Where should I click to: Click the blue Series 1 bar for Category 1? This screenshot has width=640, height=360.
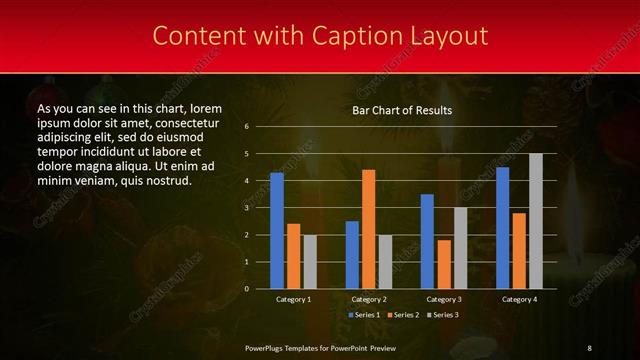[277, 231]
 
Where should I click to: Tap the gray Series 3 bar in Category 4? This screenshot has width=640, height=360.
[536, 221]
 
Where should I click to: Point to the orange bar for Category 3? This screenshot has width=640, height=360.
[443, 264]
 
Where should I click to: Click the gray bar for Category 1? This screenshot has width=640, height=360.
[310, 262]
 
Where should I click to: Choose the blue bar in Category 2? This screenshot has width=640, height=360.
[352, 255]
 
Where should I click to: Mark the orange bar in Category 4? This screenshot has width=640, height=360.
[518, 250]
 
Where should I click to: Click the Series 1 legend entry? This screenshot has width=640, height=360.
[364, 315]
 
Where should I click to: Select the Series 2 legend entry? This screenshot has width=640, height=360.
[405, 315]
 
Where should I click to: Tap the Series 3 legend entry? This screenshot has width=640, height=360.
[445, 315]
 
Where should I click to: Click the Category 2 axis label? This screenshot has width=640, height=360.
[368, 299]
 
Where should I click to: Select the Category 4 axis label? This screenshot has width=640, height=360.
[518, 299]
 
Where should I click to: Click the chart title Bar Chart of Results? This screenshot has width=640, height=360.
[402, 109]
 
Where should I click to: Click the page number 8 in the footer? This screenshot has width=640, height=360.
[589, 347]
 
